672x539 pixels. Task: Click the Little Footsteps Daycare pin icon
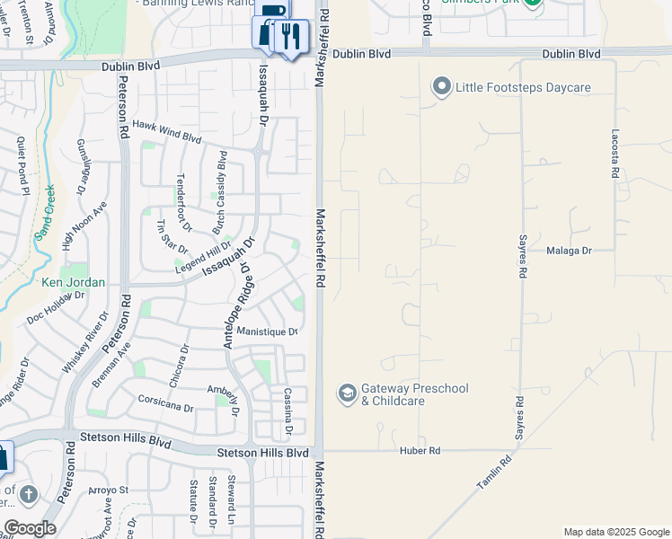(x=441, y=87)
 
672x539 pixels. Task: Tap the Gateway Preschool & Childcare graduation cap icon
(x=347, y=393)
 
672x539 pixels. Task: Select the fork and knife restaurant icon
(x=290, y=37)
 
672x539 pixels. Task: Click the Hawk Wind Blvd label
(x=167, y=131)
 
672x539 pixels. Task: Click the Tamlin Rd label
(x=494, y=473)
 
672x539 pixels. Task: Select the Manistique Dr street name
(x=267, y=331)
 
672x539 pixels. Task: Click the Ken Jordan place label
(x=74, y=282)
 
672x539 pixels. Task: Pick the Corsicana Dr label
(x=165, y=402)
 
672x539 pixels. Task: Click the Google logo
(x=30, y=528)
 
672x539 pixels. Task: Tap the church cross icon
(x=29, y=494)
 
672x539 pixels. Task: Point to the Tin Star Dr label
(x=172, y=236)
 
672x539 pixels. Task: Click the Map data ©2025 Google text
(x=615, y=532)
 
